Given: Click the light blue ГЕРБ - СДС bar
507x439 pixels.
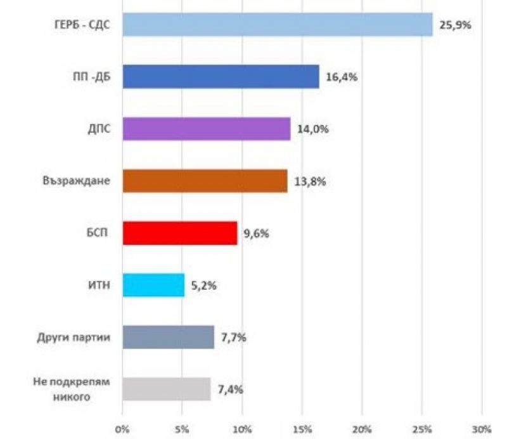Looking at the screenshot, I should coord(277,25).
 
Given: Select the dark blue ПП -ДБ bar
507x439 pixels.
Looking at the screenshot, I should coord(221,77).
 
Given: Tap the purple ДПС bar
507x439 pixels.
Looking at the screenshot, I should coord(206,129).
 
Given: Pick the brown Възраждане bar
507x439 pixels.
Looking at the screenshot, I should coord(205,181).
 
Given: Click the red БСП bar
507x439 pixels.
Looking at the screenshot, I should coord(179,233).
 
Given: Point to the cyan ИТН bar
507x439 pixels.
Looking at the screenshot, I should coord(153,285).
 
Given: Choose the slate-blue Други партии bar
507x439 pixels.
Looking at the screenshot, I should coord(168,337).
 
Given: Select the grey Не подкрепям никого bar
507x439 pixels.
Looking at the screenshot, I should coord(166,389).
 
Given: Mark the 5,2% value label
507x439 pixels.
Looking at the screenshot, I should coord(203,285).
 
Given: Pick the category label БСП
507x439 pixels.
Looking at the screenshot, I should coord(96,233).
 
